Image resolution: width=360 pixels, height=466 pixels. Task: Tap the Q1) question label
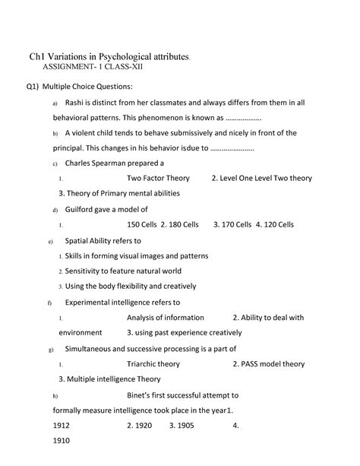point(30,87)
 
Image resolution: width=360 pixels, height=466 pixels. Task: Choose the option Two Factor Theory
point(158,178)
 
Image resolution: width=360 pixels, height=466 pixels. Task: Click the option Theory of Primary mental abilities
point(121,193)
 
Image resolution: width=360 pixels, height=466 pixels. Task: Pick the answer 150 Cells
point(142,224)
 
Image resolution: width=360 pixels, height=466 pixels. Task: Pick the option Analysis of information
point(165,317)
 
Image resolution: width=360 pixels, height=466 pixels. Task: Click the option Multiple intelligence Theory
point(114,379)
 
